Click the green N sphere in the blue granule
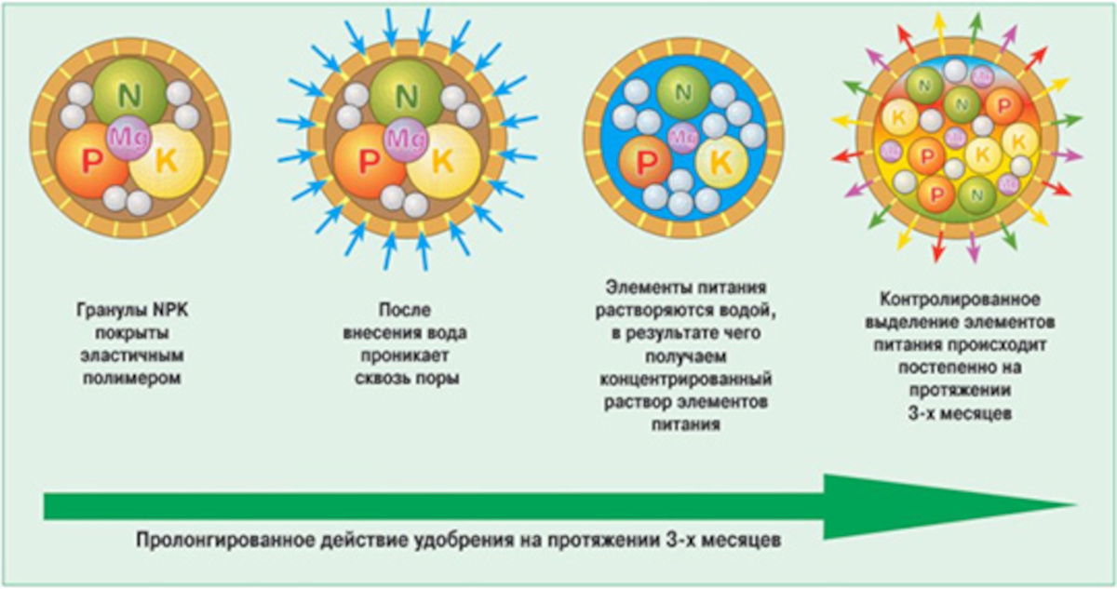(x=684, y=91)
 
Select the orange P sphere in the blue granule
(x=644, y=162)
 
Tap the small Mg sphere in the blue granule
(x=684, y=133)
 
